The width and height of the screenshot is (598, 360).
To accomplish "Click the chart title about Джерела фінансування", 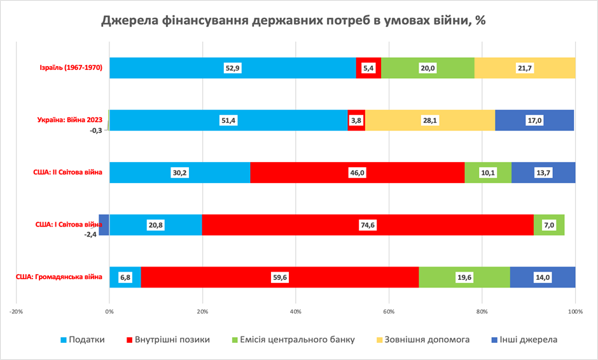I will click(x=293, y=21).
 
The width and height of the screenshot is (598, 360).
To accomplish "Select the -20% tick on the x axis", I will click(x=17, y=312).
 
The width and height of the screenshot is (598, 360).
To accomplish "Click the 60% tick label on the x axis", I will click(x=389, y=312).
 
